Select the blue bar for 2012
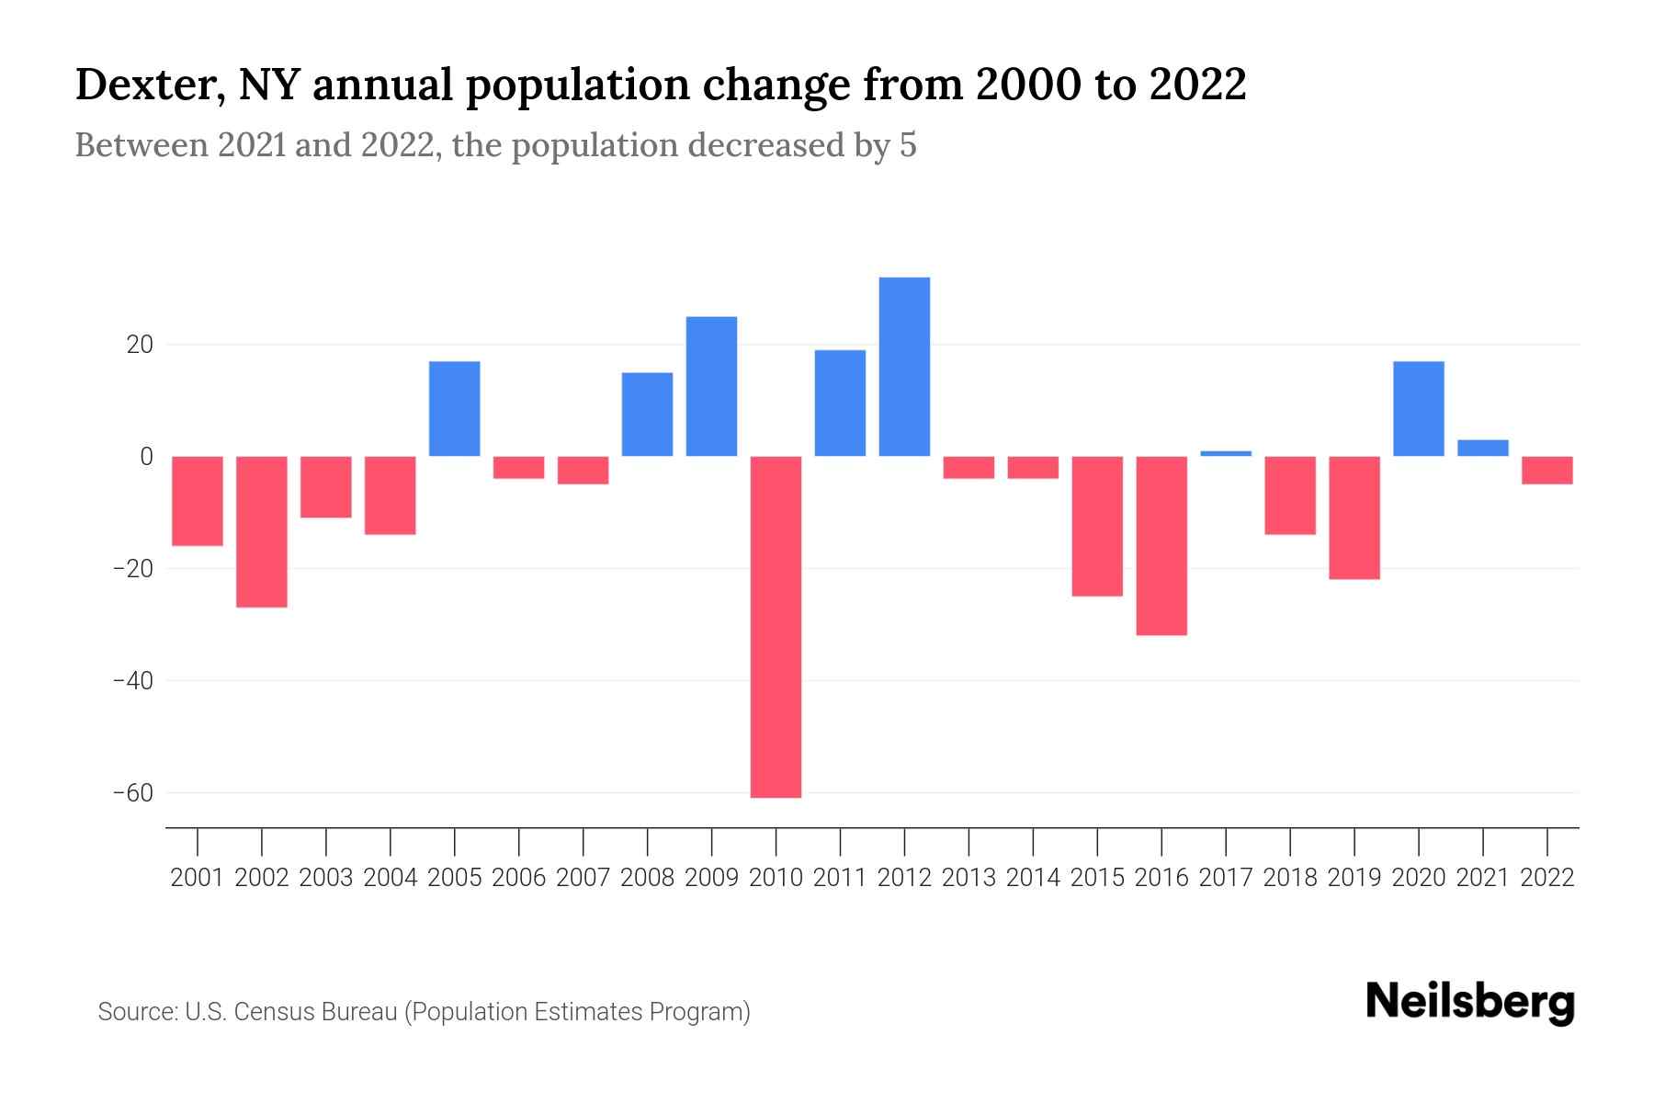[x=904, y=366]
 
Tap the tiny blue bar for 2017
[x=1226, y=453]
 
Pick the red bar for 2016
[x=1161, y=545]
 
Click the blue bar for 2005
[x=455, y=408]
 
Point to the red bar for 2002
[x=262, y=531]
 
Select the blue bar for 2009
[x=711, y=386]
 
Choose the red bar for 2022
[x=1546, y=470]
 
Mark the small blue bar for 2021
[x=1482, y=448]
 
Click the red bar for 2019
[x=1354, y=517]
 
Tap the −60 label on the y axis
[x=132, y=792]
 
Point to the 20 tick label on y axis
[x=140, y=346]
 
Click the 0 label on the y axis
[x=146, y=457]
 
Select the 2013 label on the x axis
[x=969, y=878]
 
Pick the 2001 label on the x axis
[x=198, y=878]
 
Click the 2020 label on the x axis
[x=1418, y=878]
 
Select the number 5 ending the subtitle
[x=908, y=145]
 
